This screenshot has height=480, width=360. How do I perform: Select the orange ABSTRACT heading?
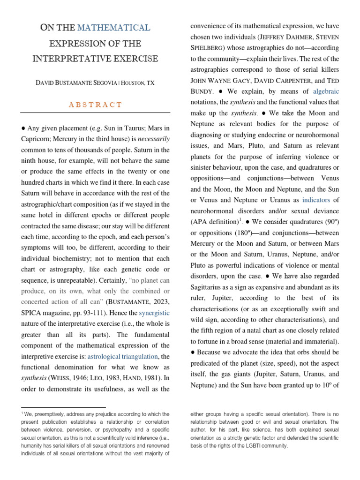95,105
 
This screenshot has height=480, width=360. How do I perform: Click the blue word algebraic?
326,91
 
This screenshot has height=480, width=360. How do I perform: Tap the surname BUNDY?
203,92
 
